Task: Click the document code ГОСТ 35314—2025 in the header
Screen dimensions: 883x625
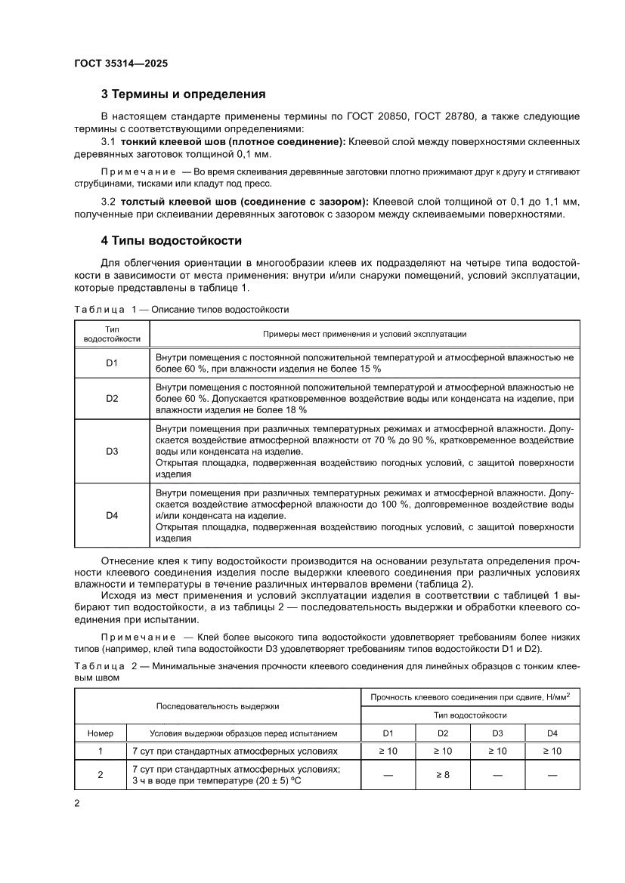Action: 121,63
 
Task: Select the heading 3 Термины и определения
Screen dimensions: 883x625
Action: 183,94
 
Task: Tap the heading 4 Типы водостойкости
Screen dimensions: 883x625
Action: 172,241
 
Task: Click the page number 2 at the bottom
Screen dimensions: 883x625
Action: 77,803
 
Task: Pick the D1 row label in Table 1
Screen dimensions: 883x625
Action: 112,363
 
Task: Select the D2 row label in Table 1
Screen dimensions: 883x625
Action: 112,397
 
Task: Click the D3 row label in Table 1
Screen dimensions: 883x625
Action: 112,451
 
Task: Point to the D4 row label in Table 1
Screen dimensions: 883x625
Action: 112,515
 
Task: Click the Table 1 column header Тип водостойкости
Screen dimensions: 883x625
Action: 112,334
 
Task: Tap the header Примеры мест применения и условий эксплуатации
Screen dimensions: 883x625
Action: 364,334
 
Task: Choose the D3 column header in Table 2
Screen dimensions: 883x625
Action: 497,733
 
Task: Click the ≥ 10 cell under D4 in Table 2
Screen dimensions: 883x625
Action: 552,751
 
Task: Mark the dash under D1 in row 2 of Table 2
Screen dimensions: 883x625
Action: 388,775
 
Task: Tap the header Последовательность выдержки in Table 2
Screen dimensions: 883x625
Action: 218,706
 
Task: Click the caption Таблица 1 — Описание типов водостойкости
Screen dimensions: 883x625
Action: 181,309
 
